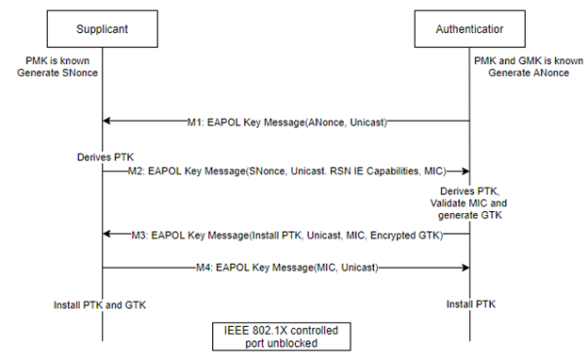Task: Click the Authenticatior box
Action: (x=469, y=29)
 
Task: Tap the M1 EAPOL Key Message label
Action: (x=287, y=122)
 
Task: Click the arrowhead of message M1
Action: (x=107, y=122)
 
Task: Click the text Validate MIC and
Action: (x=469, y=203)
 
